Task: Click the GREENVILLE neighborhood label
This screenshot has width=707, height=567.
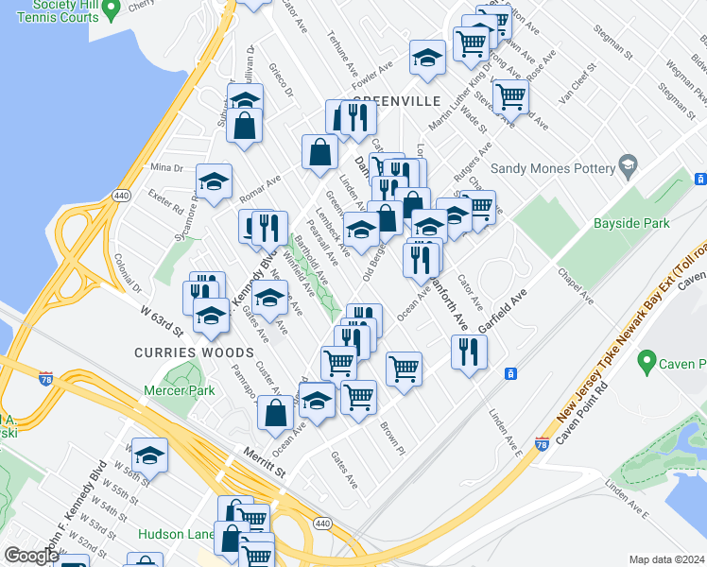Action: (x=397, y=101)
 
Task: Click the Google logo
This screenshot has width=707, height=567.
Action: (x=31, y=556)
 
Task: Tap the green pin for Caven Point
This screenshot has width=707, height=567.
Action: (x=647, y=361)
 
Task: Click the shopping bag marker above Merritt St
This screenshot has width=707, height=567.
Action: (x=275, y=413)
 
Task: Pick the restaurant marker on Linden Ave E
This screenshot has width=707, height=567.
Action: (x=469, y=352)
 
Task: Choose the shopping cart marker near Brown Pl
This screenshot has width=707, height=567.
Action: (x=358, y=398)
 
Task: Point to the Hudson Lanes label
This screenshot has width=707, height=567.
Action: (x=175, y=534)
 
